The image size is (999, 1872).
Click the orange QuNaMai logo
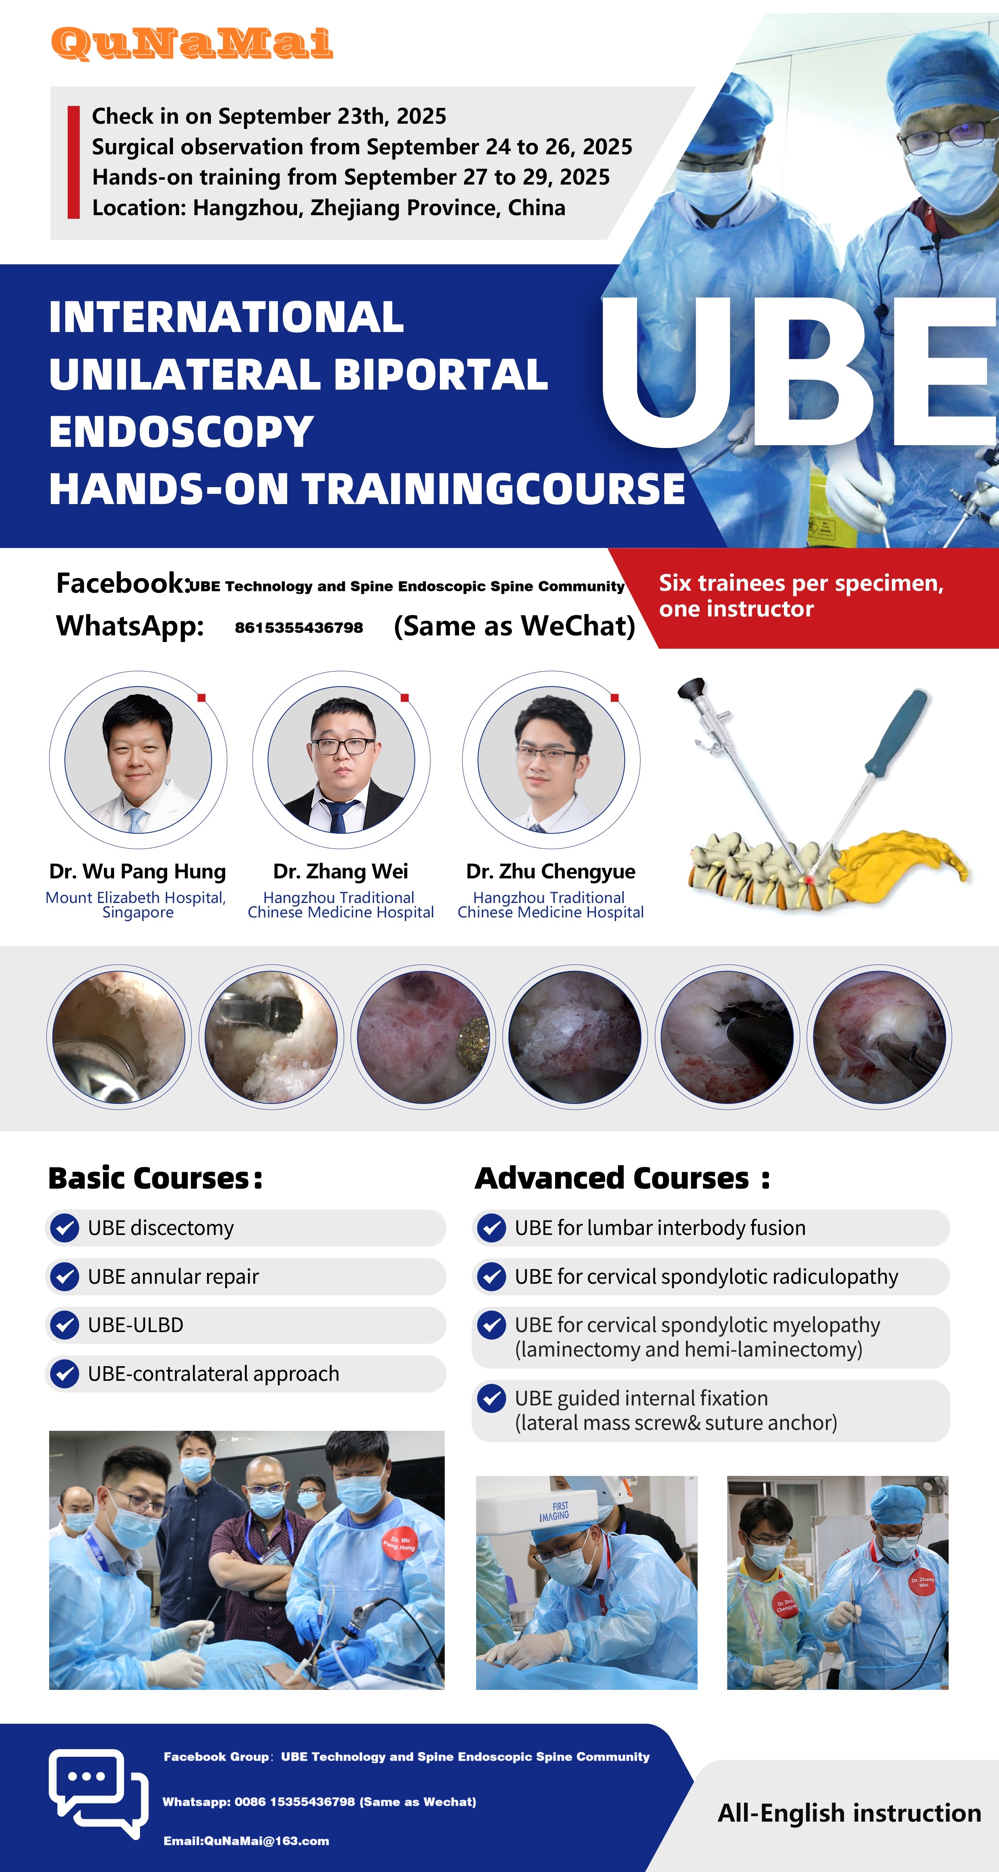(192, 44)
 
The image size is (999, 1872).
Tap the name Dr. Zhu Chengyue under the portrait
(551, 871)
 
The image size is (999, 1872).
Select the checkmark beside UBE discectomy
(65, 1228)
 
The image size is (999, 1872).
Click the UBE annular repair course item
(246, 1277)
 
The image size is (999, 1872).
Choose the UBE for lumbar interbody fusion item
(711, 1228)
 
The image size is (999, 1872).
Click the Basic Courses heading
(155, 1178)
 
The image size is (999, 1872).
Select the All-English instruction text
(849, 1813)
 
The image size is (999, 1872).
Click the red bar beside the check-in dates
(73, 162)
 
